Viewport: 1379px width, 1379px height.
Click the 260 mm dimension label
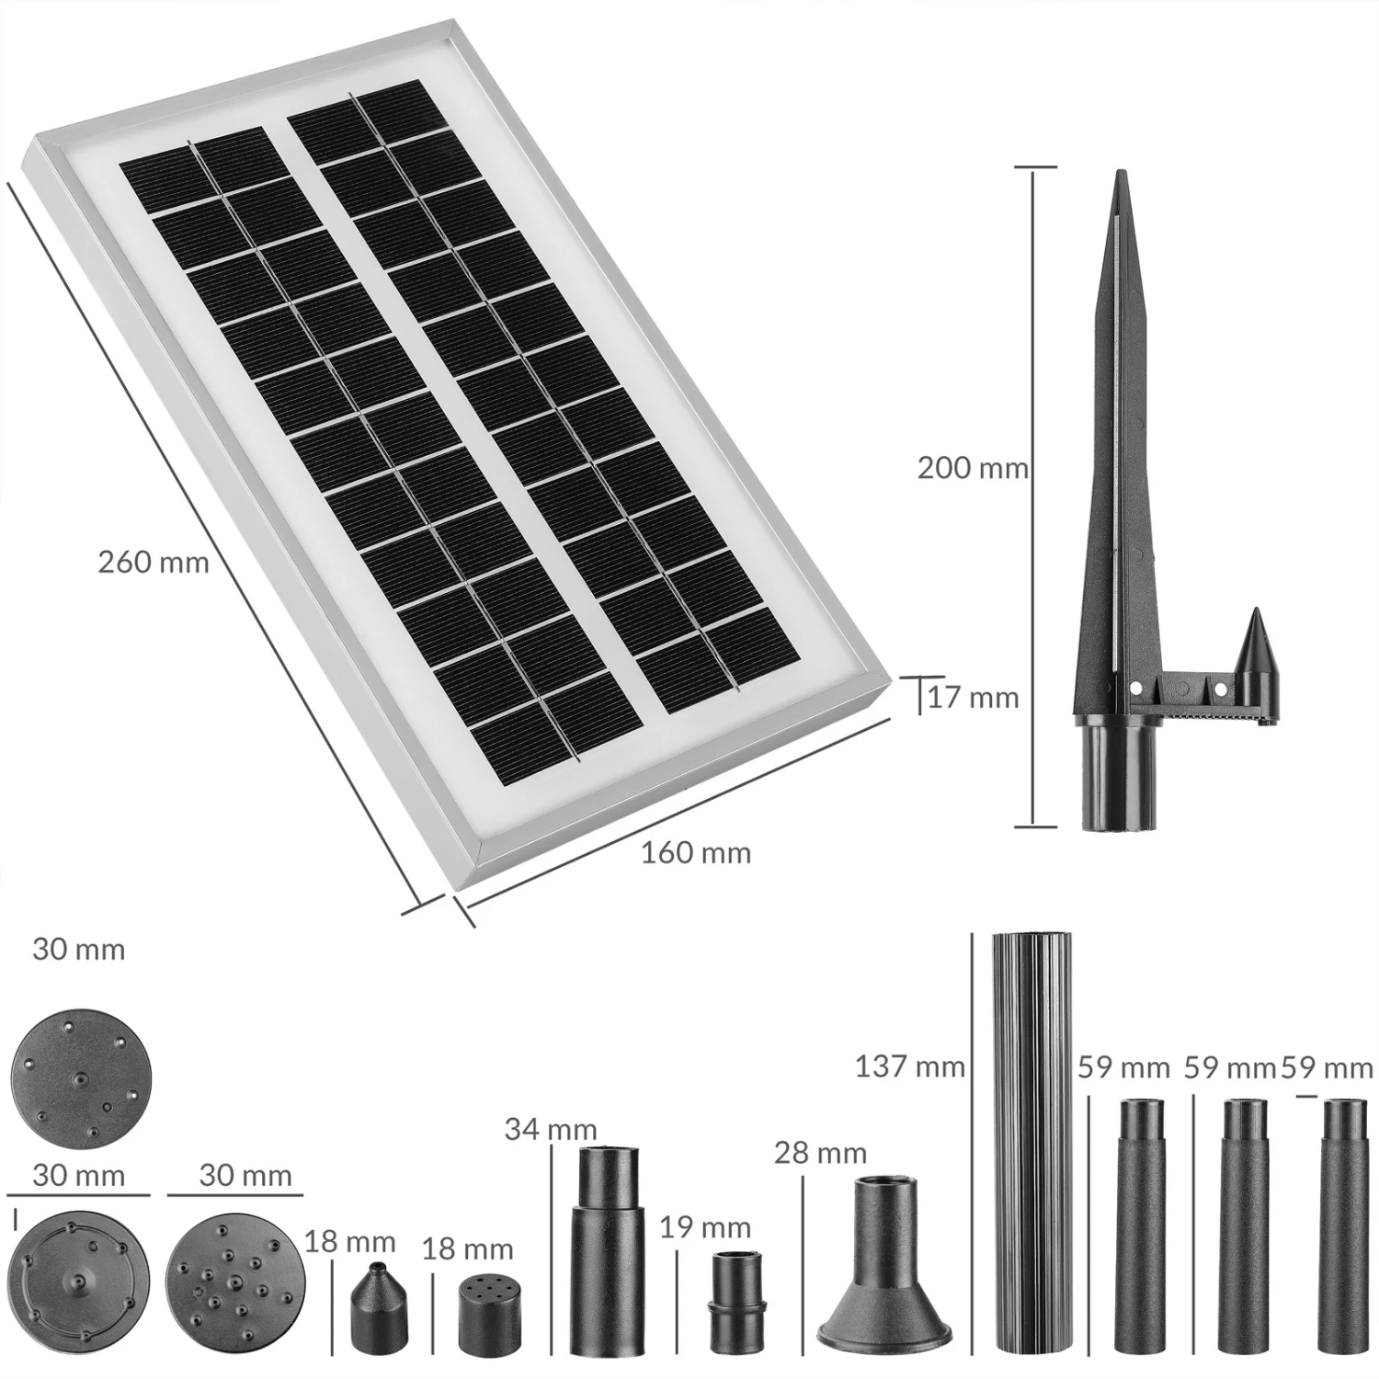click(x=154, y=562)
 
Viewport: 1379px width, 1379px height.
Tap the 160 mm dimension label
click(x=696, y=852)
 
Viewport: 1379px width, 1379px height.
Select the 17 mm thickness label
click(x=974, y=698)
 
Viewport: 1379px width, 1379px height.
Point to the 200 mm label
click(x=973, y=468)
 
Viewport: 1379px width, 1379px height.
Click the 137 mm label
click(x=910, y=1066)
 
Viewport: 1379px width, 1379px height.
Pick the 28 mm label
click(x=821, y=1152)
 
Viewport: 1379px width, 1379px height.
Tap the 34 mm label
click(x=551, y=1129)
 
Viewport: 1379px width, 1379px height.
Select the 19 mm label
click(x=705, y=1227)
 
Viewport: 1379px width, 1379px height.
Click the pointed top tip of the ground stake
click(x=1119, y=172)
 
